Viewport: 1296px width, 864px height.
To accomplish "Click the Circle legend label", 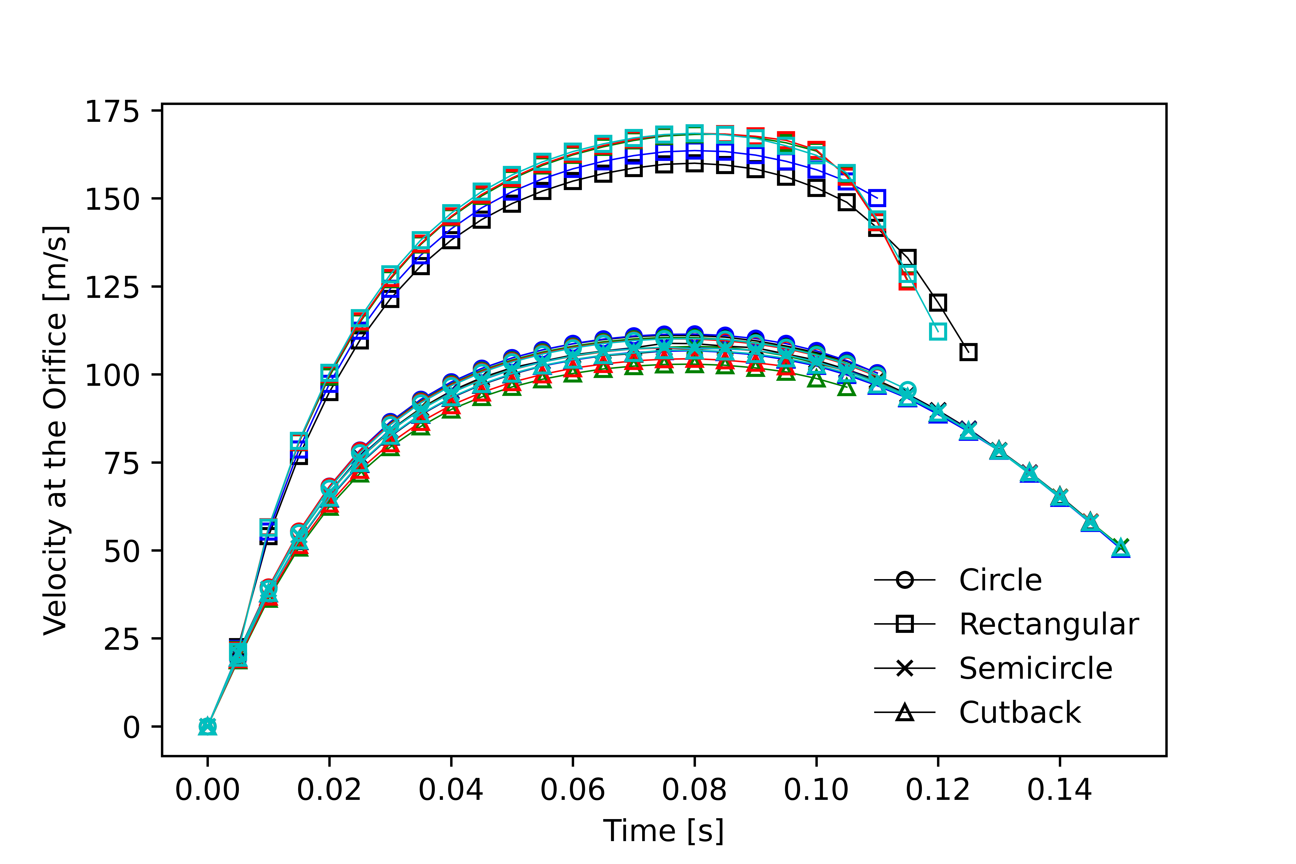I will pyautogui.click(x=1000, y=580).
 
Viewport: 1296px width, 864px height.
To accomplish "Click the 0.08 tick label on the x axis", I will pyautogui.click(x=694, y=790).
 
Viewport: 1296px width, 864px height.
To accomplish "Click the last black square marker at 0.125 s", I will pyautogui.click(x=968, y=352).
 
